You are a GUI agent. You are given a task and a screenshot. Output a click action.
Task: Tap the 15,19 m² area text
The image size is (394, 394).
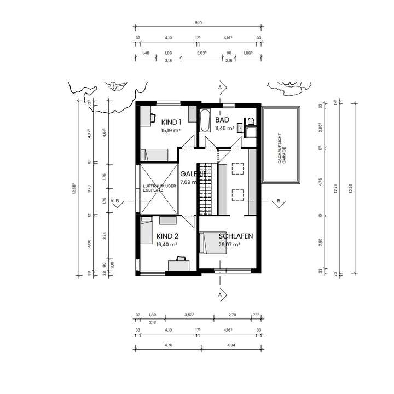(171, 131)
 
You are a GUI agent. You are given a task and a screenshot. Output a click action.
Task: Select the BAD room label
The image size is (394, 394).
(222, 120)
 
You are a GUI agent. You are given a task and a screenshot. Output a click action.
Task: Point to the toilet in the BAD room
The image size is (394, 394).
(251, 121)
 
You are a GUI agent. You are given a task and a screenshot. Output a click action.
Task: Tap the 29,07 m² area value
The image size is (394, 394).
(230, 245)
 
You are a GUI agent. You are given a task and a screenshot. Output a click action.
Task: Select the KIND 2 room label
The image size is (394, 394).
(167, 236)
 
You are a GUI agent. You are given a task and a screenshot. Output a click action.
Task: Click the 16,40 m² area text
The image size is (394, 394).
(167, 245)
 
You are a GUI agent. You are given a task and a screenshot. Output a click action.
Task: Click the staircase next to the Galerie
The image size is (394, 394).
(204, 189)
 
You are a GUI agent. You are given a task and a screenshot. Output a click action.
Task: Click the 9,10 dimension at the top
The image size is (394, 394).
(199, 22)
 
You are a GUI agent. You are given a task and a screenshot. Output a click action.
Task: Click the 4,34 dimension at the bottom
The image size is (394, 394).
(231, 345)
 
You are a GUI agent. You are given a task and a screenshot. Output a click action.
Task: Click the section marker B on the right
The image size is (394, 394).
(278, 201)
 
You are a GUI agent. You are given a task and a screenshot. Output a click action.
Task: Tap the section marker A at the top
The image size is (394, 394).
(220, 88)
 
